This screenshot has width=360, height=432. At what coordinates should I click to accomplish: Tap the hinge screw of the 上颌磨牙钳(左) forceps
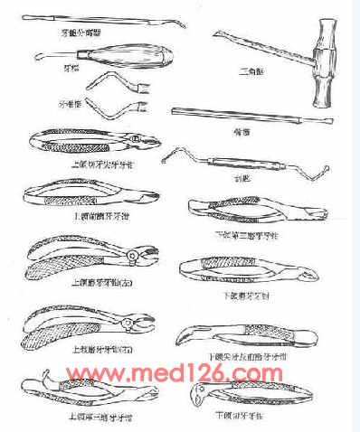click(132, 258)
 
